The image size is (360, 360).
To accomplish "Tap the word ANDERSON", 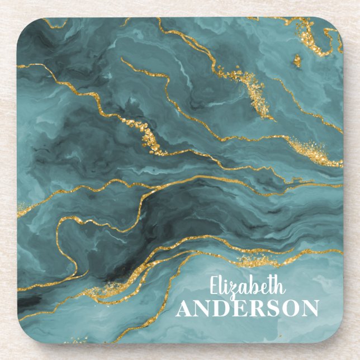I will [x=248, y=309].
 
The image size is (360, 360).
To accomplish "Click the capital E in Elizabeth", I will [x=214, y=287].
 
